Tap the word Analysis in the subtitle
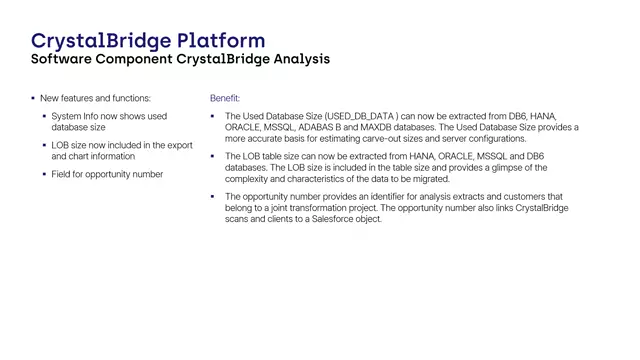[x=295, y=59]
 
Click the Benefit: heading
[x=225, y=98]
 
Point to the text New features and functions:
[x=96, y=98]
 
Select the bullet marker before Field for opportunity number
[x=45, y=174]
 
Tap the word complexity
[x=251, y=178]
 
